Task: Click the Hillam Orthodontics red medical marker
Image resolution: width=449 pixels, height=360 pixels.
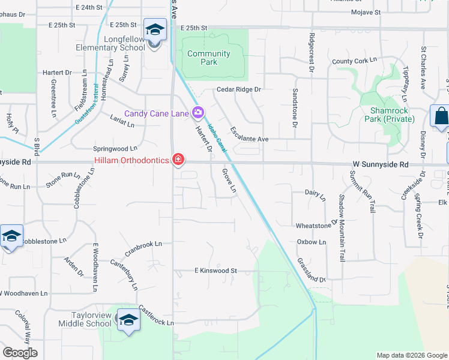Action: pyautogui.click(x=178, y=160)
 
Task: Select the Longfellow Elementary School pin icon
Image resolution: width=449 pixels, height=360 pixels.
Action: pyautogui.click(x=154, y=30)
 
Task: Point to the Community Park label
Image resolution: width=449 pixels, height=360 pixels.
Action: pyautogui.click(x=208, y=58)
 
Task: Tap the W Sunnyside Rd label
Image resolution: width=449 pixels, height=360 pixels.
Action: pyautogui.click(x=381, y=164)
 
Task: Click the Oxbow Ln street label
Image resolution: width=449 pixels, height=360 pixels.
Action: pyautogui.click(x=312, y=242)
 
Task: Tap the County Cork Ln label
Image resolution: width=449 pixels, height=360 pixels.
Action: pyautogui.click(x=354, y=61)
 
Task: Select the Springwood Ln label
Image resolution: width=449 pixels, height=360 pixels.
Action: pyautogui.click(x=115, y=148)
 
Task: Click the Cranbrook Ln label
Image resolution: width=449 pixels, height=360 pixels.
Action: pyautogui.click(x=143, y=245)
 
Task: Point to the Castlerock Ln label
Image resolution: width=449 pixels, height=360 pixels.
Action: pyautogui.click(x=155, y=316)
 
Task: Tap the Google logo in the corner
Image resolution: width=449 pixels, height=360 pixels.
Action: pyautogui.click(x=20, y=353)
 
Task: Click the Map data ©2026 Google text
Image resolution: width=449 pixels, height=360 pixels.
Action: pyautogui.click(x=411, y=355)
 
